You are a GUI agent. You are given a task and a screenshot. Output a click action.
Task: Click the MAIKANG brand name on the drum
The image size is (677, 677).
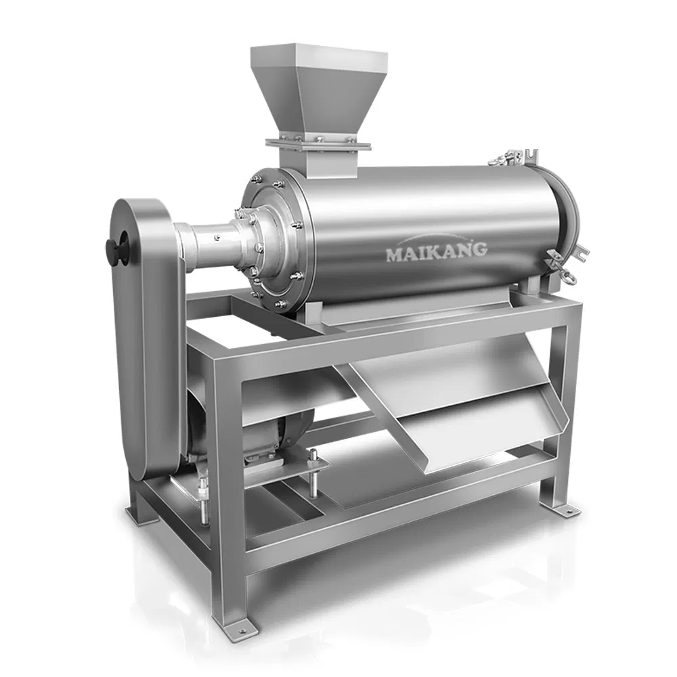436,250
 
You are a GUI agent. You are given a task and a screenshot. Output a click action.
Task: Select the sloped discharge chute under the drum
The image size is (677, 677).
460,413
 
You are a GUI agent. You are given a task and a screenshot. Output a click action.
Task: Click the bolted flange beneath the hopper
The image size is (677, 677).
318,143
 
